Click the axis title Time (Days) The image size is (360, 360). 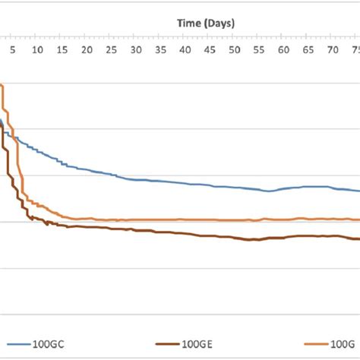206,24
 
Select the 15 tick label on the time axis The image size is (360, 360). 62,49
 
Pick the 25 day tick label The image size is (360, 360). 112,49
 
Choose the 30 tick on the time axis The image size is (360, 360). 136,49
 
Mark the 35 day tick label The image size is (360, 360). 160,49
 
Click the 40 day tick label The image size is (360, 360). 185,49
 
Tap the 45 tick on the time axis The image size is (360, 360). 210,49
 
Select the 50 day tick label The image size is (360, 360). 234,49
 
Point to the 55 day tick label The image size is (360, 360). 259,49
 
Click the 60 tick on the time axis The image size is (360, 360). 283,49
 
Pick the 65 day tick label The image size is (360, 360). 308,49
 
